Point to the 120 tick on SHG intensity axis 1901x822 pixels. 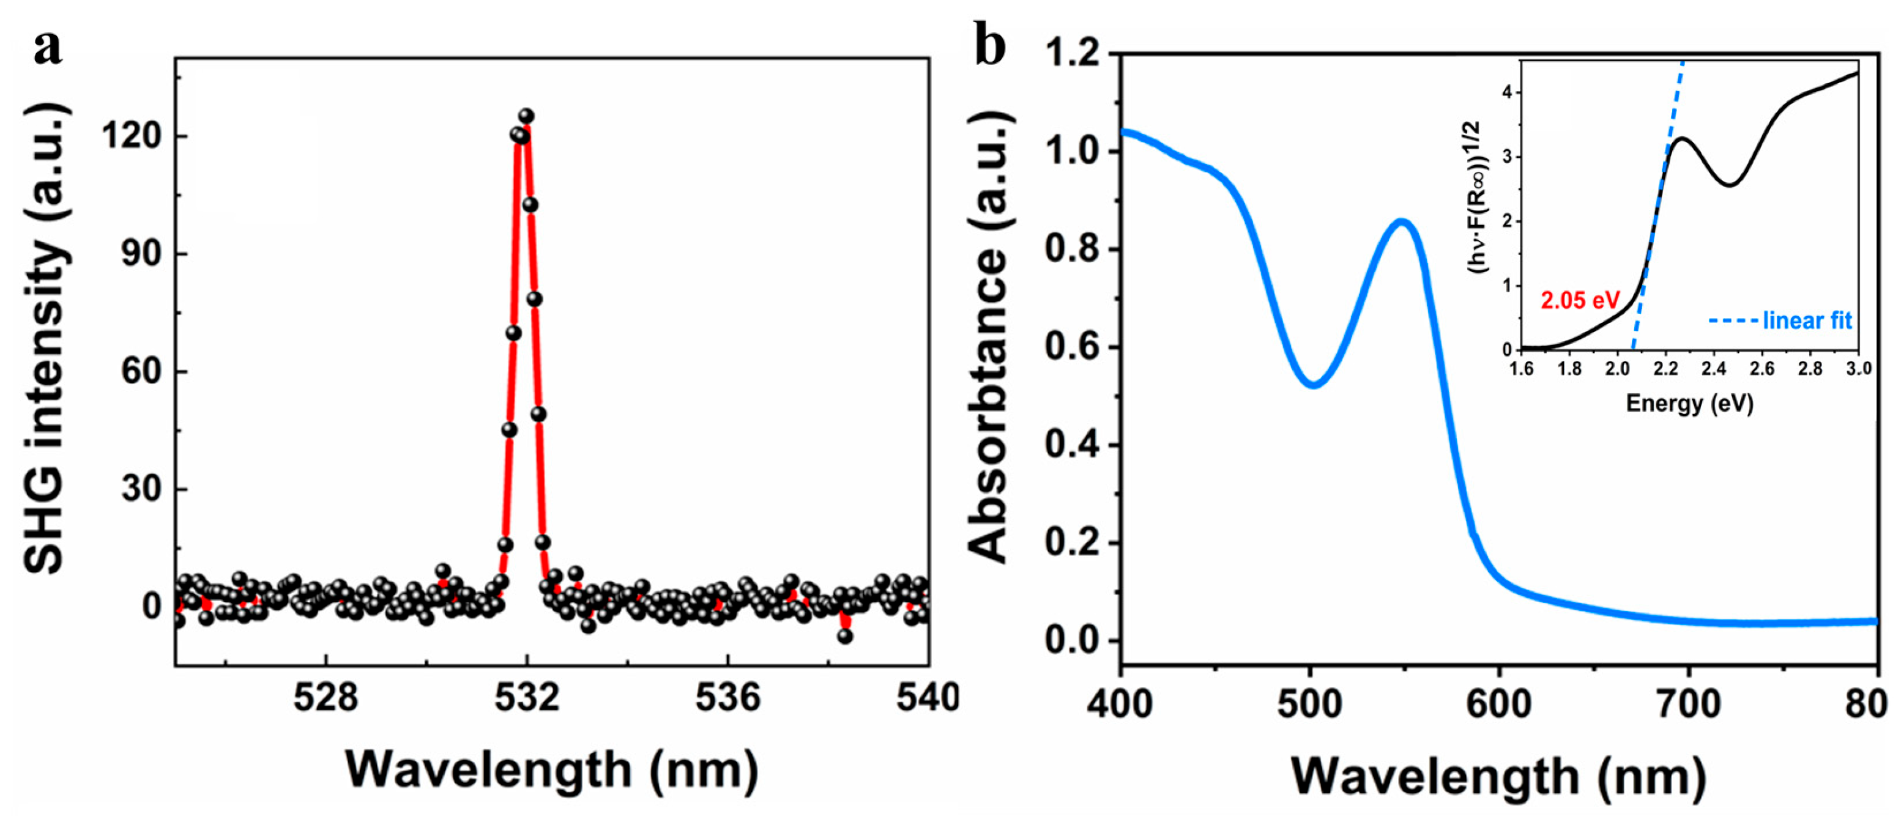(132, 136)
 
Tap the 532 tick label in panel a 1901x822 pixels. (526, 697)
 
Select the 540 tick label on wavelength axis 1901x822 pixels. (927, 697)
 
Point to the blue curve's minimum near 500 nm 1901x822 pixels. (1314, 383)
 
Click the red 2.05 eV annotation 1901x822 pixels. (1579, 300)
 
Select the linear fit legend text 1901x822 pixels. (1807, 321)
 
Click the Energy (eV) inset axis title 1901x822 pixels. (1689, 403)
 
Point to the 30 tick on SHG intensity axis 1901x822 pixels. (142, 489)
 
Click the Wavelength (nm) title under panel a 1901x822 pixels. (552, 771)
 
